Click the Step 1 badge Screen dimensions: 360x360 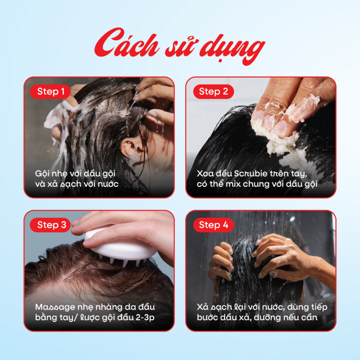(50, 92)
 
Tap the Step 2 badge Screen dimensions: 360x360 (213, 92)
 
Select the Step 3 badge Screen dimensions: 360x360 (50, 225)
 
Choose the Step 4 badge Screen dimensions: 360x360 (213, 225)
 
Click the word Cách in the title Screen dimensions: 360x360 (127, 43)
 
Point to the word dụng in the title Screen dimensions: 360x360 (232, 49)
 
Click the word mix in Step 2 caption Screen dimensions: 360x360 (233, 184)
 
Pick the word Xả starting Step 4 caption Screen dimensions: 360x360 (202, 307)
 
